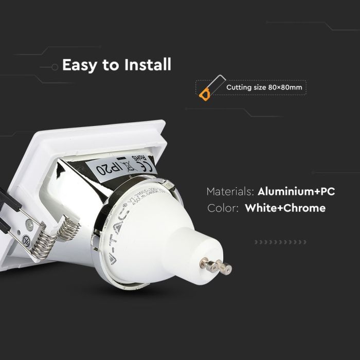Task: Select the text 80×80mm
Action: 286,87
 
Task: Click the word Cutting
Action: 238,87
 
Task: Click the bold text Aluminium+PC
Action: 296,191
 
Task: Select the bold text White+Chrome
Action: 285,208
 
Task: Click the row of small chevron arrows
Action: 281,242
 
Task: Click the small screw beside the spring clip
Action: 29,225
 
